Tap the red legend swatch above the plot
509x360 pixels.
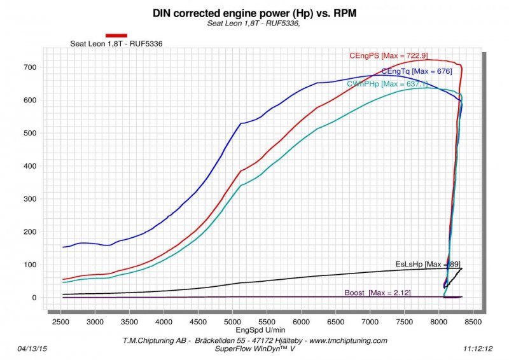coord(116,36)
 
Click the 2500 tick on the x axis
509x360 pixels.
coord(61,322)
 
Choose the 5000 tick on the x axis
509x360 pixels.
coord(233,322)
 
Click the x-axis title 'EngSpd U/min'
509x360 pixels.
coord(253,331)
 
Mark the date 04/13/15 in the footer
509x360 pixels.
coord(32,349)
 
